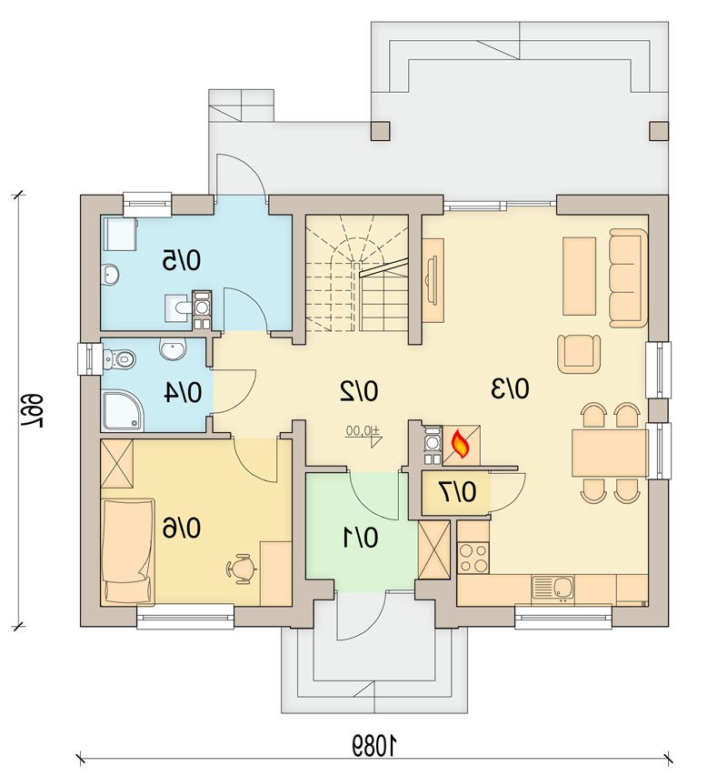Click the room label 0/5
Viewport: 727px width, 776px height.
[x=182, y=260]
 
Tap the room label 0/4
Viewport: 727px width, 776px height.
[x=183, y=392]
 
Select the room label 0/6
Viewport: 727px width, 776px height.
[x=182, y=528]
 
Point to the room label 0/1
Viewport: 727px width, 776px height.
[x=361, y=538]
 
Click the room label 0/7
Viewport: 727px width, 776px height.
[x=458, y=492]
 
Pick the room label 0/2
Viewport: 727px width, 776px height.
[x=359, y=391]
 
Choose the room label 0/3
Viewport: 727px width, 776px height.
[x=510, y=388]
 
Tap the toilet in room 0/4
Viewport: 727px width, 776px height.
[x=119, y=358]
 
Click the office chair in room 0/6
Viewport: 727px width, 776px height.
[x=242, y=569]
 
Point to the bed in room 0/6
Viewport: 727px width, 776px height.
[x=127, y=551]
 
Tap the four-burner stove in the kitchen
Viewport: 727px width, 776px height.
[x=473, y=558]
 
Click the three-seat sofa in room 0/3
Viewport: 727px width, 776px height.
[x=628, y=277]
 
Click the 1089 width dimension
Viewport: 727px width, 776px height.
[x=374, y=745]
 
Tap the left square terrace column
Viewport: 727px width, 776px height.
[x=380, y=131]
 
